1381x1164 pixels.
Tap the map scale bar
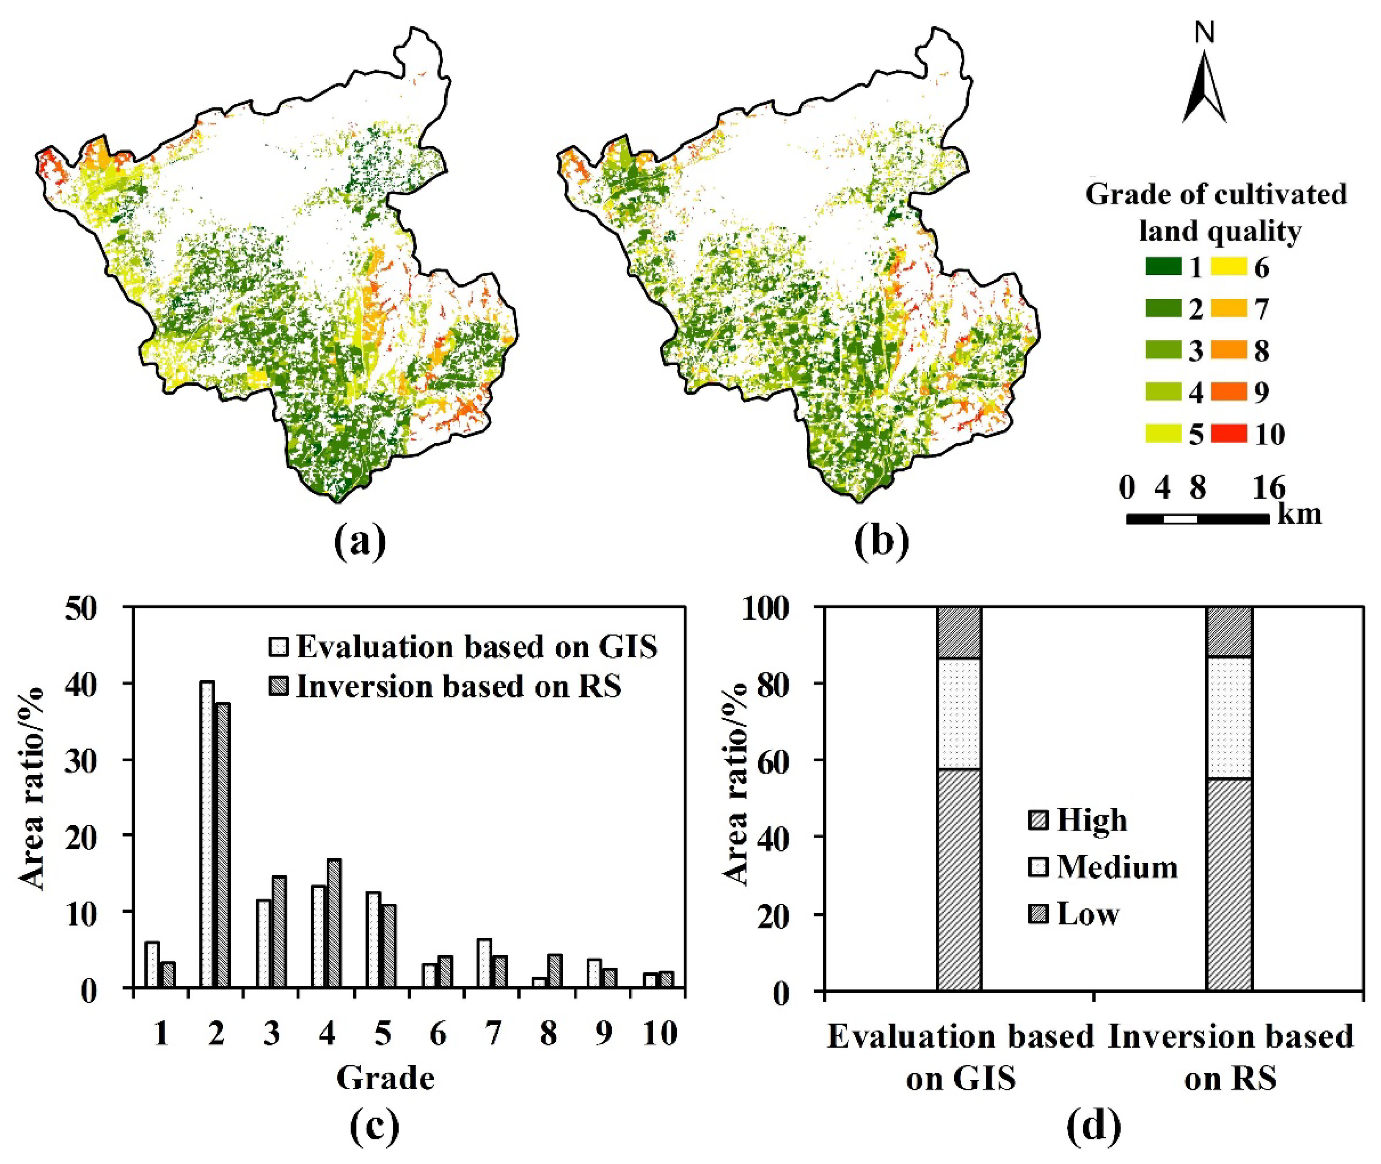(x=1197, y=519)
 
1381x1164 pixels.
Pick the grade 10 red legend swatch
(x=1229, y=433)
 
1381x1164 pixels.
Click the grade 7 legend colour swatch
(x=1229, y=309)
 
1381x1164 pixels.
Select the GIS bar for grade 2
(x=207, y=834)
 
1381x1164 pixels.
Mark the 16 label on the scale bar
(x=1268, y=488)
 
